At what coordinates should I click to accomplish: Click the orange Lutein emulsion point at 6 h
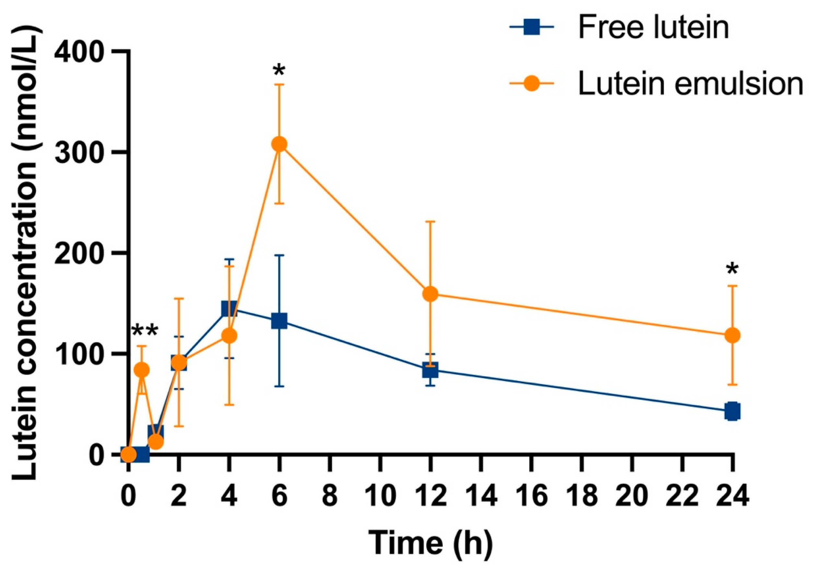(x=279, y=144)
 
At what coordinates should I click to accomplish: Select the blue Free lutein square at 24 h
(x=732, y=411)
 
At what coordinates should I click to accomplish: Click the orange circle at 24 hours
(x=732, y=335)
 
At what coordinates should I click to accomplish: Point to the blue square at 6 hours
(x=279, y=321)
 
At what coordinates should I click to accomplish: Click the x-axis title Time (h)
(x=430, y=544)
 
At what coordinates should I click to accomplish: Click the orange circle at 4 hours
(x=229, y=335)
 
